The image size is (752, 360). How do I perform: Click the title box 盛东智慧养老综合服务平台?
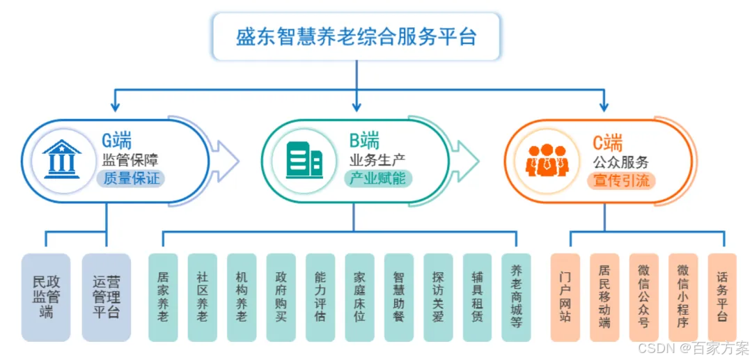point(357,36)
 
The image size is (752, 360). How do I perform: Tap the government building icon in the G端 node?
point(61,159)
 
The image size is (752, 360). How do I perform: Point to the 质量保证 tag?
point(131,179)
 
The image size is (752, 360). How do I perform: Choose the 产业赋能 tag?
point(378,179)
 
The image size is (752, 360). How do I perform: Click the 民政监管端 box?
point(46,297)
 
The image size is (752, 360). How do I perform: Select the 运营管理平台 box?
point(106,297)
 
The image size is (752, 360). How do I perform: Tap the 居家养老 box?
point(163,297)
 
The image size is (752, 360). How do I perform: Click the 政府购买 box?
point(281,297)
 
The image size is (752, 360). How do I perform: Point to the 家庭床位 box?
point(359,297)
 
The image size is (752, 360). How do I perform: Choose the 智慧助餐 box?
point(398,297)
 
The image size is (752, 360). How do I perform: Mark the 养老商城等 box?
point(516,297)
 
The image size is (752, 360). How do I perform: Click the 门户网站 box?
point(565,297)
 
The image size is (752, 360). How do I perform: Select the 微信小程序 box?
point(683,297)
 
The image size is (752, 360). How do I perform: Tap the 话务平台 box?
point(722,297)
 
